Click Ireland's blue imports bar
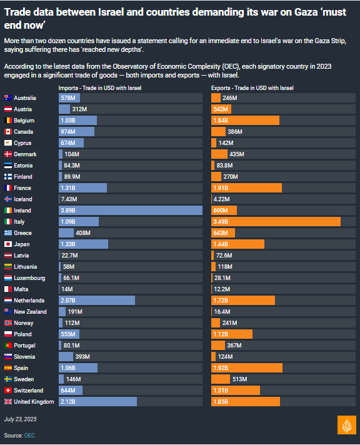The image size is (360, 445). click(131, 210)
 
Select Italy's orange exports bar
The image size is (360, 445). click(276, 222)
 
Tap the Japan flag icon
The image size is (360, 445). click(8, 244)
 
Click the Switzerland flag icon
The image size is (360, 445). click(8, 391)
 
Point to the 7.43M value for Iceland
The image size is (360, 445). click(69, 199)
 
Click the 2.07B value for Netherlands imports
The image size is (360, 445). click(68, 300)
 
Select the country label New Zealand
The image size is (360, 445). click(30, 312)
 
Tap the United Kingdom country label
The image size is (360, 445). click(34, 402)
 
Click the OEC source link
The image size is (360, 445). click(29, 436)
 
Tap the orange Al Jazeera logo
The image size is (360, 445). click(347, 425)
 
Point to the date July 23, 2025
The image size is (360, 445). click(20, 419)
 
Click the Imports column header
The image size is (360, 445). click(100, 88)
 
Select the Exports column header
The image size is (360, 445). click(252, 88)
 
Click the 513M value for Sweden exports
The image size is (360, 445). click(239, 379)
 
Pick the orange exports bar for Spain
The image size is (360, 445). click(247, 367)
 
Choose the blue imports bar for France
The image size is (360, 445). click(83, 188)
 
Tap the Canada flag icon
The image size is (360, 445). click(8, 132)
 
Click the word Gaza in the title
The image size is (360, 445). click(306, 12)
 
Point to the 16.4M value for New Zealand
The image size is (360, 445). click(222, 312)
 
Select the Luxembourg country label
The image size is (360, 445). click(29, 278)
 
